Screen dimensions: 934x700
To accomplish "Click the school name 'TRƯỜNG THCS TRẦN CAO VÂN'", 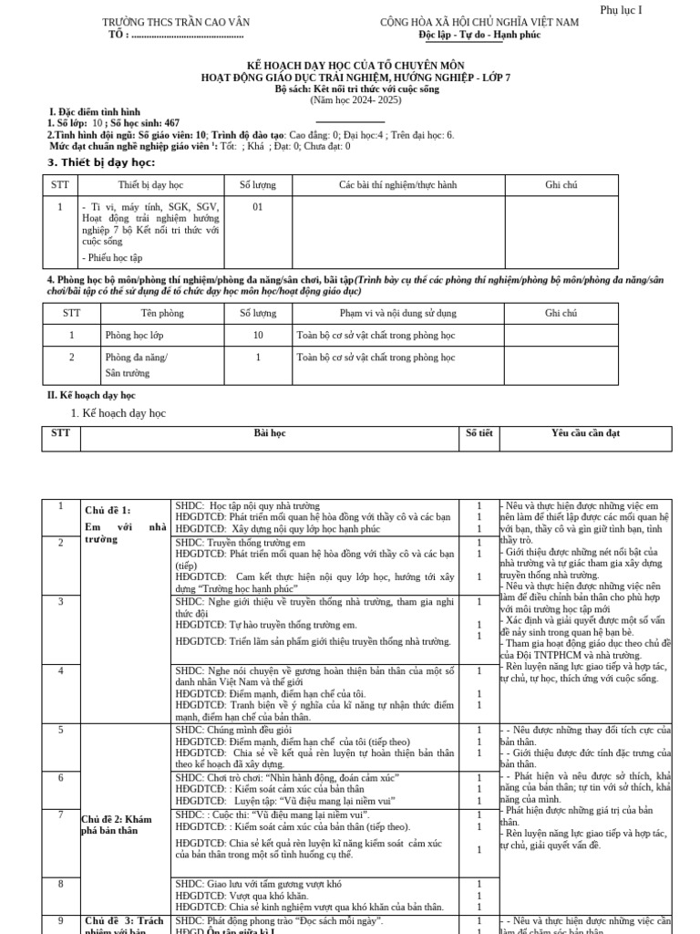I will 176,22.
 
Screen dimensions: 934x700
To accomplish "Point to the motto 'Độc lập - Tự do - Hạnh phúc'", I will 479,35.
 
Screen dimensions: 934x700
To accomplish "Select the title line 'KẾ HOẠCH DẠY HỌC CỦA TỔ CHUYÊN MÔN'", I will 356,67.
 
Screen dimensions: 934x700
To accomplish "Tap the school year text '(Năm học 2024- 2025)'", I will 356,100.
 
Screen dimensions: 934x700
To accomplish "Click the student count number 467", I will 172,123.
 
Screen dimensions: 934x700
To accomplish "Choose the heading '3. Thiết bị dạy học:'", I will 101,162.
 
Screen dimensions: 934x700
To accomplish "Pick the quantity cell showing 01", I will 258,207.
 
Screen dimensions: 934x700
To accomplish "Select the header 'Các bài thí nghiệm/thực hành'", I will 397,185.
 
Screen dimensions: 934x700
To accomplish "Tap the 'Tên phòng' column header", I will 162,313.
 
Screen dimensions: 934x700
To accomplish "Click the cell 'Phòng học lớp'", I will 133,336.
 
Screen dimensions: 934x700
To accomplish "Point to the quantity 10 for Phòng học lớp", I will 258,336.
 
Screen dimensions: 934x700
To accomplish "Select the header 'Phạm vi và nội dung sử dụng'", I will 379,313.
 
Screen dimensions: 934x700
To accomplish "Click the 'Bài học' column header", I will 270,433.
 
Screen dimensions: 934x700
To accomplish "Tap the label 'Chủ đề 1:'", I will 108,511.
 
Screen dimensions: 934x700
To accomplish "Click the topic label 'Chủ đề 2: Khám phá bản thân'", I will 116,825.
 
